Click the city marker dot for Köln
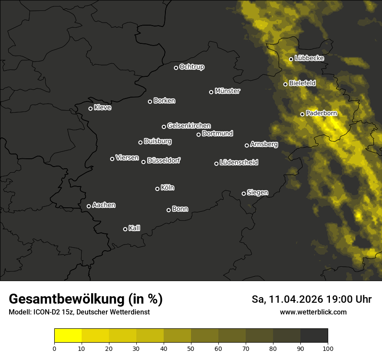(x=157, y=189)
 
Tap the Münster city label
(x=227, y=91)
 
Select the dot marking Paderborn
(x=303, y=114)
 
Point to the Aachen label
(x=104, y=205)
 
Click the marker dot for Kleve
(x=90, y=108)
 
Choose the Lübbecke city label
(x=309, y=58)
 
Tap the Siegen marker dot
(x=244, y=193)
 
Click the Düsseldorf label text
(x=164, y=160)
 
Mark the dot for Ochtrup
(x=176, y=68)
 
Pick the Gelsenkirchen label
(x=189, y=126)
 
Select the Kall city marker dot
(x=125, y=229)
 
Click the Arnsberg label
(x=264, y=144)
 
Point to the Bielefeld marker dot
(x=285, y=84)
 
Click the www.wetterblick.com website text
(x=313, y=312)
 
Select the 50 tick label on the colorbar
(x=191, y=348)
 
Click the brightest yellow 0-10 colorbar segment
(x=68, y=336)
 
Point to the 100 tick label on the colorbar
(x=328, y=348)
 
